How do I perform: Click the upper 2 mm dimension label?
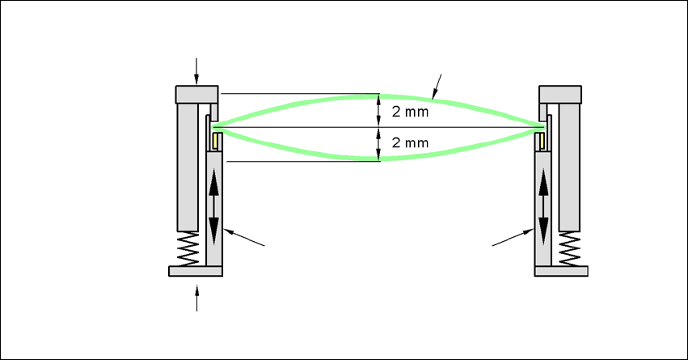(409, 112)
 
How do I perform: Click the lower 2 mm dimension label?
(409, 142)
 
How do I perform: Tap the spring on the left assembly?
(187, 248)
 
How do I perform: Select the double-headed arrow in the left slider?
(214, 208)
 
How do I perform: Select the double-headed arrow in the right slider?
(543, 208)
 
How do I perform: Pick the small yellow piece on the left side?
(216, 142)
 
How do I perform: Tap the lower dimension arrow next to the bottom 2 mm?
(379, 145)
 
